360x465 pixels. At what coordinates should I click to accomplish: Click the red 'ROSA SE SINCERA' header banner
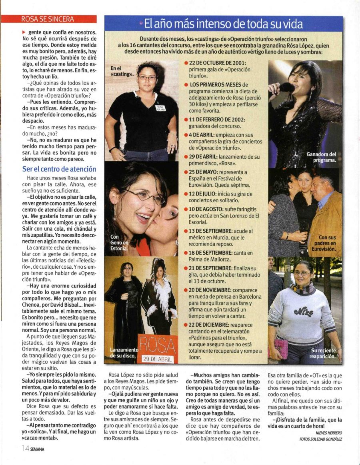click(48, 19)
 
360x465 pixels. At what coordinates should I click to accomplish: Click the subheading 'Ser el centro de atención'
click(59, 169)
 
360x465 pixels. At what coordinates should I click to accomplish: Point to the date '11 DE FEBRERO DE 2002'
click(221, 120)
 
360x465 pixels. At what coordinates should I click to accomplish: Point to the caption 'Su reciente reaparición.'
click(323, 353)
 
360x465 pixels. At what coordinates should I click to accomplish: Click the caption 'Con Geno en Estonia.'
click(119, 243)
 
